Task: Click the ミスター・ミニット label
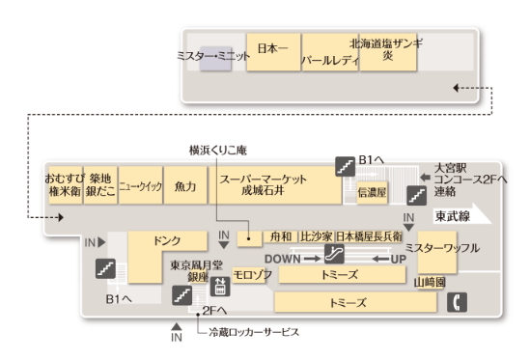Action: pos(213,56)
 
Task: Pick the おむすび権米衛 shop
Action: pos(65,185)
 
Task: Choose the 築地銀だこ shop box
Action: pos(100,185)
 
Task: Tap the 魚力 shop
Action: pos(185,185)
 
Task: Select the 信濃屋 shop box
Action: pos(372,193)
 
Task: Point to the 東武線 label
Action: pos(452,216)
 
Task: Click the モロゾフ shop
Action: pos(252,275)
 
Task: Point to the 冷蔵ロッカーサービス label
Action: pos(255,332)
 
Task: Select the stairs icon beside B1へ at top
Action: pos(343,165)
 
